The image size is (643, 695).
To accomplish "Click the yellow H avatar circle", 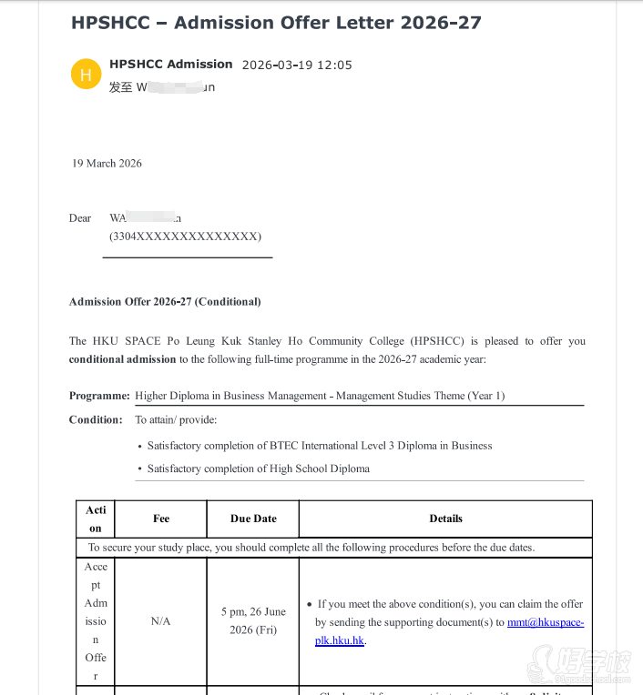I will [x=86, y=75].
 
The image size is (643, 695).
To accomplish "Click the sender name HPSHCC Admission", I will [x=170, y=64].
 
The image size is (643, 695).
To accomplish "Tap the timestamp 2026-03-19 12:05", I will [x=296, y=65].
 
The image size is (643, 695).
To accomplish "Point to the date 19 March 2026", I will [x=107, y=164].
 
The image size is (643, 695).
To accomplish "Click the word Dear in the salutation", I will [x=80, y=218].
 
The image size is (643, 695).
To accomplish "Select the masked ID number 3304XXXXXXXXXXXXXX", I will [x=185, y=237].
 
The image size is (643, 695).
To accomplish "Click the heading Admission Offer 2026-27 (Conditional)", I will [x=165, y=302].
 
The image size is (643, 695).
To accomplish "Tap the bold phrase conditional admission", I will [x=122, y=359].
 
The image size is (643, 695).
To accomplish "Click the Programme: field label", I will [x=99, y=397].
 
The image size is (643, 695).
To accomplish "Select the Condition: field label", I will [x=96, y=420].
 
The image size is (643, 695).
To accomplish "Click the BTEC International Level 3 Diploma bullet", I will [x=320, y=446].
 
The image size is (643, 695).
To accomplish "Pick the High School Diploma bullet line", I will [x=258, y=468].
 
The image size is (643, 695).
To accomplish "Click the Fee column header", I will [x=161, y=519].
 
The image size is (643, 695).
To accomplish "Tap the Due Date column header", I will [x=253, y=519].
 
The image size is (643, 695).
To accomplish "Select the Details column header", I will [x=445, y=519].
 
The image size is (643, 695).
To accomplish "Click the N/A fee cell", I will [x=161, y=621].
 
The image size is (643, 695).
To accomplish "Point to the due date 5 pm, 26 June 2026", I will [x=253, y=620].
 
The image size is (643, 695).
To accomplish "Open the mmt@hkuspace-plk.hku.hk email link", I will [x=545, y=622].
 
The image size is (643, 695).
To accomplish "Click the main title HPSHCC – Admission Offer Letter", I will [x=275, y=23].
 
